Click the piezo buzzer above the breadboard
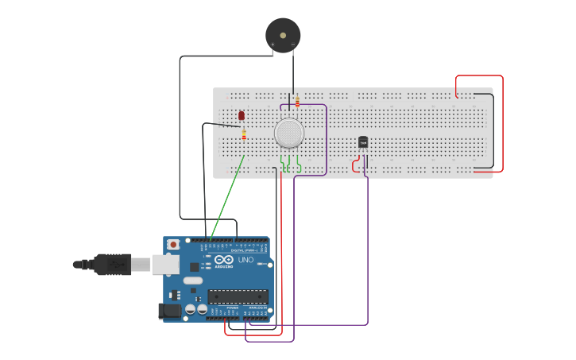tap(283, 36)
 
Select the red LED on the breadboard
tap(242, 116)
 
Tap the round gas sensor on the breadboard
tap(289, 133)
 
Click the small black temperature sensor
tap(363, 142)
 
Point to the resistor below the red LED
tap(244, 134)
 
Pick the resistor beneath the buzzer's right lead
tap(297, 101)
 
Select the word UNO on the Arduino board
tap(245, 260)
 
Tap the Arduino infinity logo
tap(224, 260)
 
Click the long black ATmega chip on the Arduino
tap(238, 296)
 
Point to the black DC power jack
tap(168, 311)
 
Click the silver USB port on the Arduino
tap(166, 264)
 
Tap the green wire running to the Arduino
tap(226, 199)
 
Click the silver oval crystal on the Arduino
tap(193, 281)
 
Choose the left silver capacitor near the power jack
tap(191, 308)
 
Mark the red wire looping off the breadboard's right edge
tap(501, 119)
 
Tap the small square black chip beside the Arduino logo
tap(207, 267)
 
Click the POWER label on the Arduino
tap(233, 307)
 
